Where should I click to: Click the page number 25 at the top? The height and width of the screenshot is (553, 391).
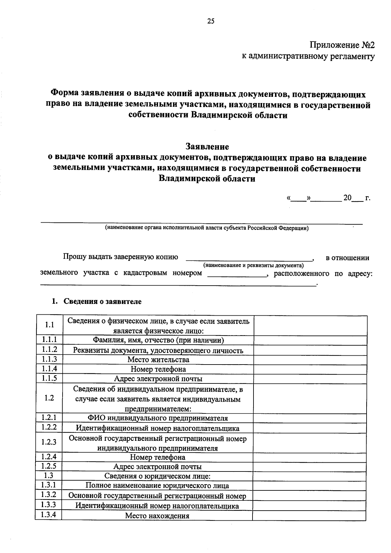tap(211, 22)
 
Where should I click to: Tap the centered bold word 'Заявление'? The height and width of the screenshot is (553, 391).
tap(207, 146)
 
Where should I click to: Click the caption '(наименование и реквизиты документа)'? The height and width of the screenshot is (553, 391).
tap(253, 265)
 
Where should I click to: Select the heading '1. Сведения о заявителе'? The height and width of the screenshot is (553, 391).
tap(97, 301)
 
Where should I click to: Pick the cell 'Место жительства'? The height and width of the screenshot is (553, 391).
tap(158, 360)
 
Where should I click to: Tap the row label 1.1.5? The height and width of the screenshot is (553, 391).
tap(50, 378)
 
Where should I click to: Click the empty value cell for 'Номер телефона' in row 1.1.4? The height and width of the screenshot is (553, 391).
tap(310, 369)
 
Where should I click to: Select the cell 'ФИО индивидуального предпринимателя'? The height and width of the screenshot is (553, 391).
tap(158, 418)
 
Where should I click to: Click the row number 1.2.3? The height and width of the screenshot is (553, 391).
tap(49, 442)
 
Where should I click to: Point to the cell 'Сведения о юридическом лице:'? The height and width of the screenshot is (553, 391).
tap(158, 476)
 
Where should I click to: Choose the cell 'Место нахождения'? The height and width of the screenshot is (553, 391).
tap(157, 516)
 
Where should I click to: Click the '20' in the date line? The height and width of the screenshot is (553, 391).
tap(347, 198)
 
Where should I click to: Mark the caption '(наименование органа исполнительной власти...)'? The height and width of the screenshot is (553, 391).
tap(207, 228)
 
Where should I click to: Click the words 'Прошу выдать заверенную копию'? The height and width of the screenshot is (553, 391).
tap(121, 257)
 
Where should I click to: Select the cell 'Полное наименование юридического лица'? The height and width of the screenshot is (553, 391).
tap(157, 486)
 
